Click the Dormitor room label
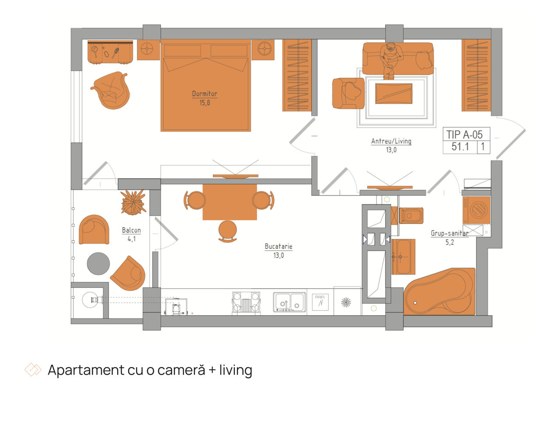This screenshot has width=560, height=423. [204, 94]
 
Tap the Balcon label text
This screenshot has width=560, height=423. [131, 230]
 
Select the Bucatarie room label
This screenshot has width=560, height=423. [278, 246]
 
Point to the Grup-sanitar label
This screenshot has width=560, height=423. [449, 233]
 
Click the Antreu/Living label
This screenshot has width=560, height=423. [391, 141]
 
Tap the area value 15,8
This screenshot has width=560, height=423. [205, 103]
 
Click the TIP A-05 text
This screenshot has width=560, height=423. [464, 134]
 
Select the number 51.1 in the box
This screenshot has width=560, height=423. [460, 147]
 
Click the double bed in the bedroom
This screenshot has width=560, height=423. [205, 85]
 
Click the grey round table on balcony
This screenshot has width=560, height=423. [98, 264]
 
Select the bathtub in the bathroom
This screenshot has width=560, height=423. [439, 292]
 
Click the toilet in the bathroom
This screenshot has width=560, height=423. [411, 216]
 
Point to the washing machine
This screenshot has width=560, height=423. [476, 210]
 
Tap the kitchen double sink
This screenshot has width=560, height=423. [289, 302]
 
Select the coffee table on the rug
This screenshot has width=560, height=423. [393, 94]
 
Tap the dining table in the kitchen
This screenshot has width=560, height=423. [230, 202]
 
